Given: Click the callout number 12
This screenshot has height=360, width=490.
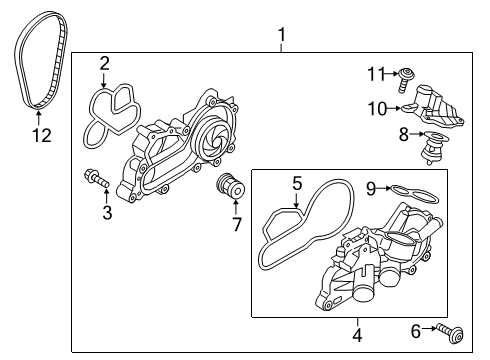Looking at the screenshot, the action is click(42, 135).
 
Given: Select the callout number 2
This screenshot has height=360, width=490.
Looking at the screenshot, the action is click(104, 63).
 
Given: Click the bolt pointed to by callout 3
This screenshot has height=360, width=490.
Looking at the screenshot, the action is click(97, 178).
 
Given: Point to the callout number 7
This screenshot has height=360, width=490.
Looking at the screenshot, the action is click(236, 224).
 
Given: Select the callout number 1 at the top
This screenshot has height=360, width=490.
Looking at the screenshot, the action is click(282, 35).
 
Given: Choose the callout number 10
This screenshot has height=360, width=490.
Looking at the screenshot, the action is click(377, 109).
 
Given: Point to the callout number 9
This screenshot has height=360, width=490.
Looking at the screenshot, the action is click(371, 189).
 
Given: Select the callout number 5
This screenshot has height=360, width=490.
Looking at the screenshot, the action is click(297, 183).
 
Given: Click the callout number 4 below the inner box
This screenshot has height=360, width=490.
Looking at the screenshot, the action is click(357, 335).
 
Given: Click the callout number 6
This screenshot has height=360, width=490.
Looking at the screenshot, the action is click(416, 331).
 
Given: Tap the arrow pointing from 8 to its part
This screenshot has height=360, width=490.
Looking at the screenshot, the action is click(417, 134).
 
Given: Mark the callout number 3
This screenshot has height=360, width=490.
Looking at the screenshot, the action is click(107, 213).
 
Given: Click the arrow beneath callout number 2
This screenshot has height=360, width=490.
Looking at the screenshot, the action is click(104, 80).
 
